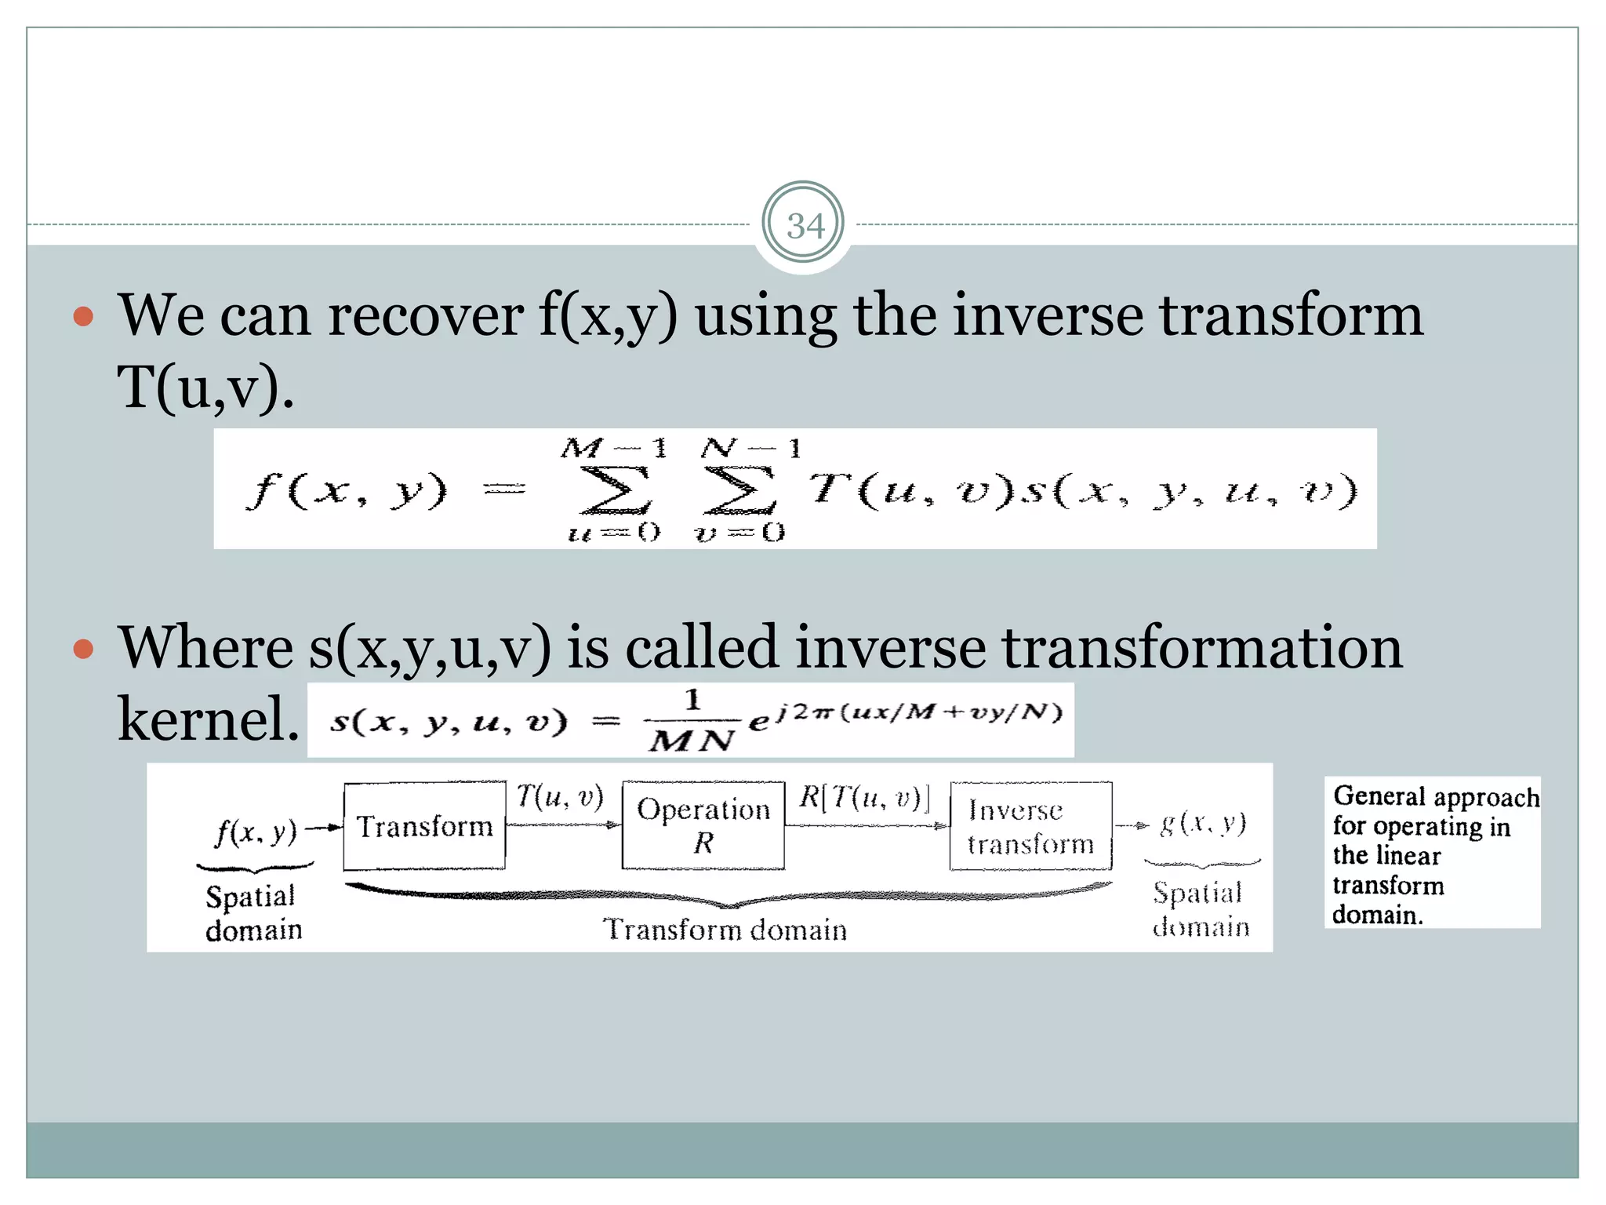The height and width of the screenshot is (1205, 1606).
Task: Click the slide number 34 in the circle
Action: [x=805, y=226]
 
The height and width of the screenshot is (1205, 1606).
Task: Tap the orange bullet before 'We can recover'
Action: [x=83, y=317]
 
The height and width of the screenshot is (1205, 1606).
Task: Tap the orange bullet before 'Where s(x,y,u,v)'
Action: [x=83, y=649]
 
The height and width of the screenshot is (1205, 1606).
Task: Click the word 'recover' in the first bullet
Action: [x=425, y=316]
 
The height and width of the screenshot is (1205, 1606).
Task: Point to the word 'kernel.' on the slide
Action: [x=208, y=719]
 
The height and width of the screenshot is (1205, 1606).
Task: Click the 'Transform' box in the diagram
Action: [x=424, y=826]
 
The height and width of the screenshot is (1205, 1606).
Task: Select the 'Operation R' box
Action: [x=703, y=825]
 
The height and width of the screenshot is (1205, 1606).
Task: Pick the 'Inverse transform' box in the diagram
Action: [x=1030, y=826]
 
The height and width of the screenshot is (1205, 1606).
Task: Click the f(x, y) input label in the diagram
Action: [x=256, y=831]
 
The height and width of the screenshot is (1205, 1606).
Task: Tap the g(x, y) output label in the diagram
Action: [x=1203, y=823]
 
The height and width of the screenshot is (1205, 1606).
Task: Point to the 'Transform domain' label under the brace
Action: [x=725, y=930]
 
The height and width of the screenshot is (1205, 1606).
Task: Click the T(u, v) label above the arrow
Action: [x=560, y=797]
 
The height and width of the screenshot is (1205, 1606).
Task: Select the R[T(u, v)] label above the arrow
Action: [x=864, y=797]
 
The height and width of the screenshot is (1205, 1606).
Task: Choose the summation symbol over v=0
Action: [x=739, y=490]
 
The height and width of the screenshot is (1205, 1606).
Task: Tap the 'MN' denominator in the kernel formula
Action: [x=692, y=741]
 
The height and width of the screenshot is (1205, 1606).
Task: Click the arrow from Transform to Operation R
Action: [x=563, y=825]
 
